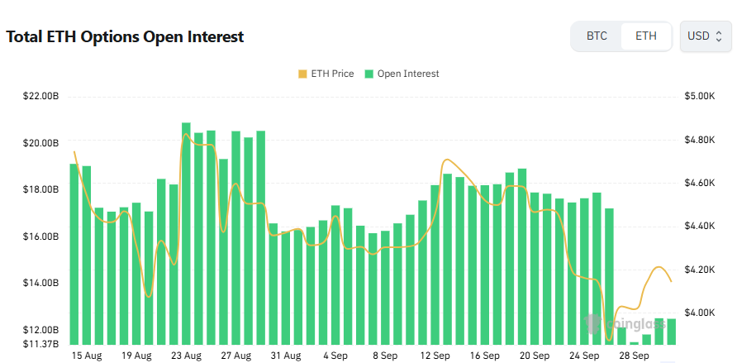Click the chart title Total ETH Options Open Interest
coord(125,37)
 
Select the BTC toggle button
coord(597,36)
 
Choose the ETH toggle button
coord(646,36)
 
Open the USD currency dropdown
coord(705,36)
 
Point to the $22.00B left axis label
coord(41,97)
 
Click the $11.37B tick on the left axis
coord(41,344)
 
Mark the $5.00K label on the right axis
coord(699,97)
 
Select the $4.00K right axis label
coord(699,313)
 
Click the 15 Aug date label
coord(87,356)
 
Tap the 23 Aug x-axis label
coord(186,356)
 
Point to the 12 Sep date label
coord(435,356)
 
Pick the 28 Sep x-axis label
coord(635,356)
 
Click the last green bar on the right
coord(671,332)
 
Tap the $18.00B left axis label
coord(41,189)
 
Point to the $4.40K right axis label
coord(699,226)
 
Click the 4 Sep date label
coord(335,356)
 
